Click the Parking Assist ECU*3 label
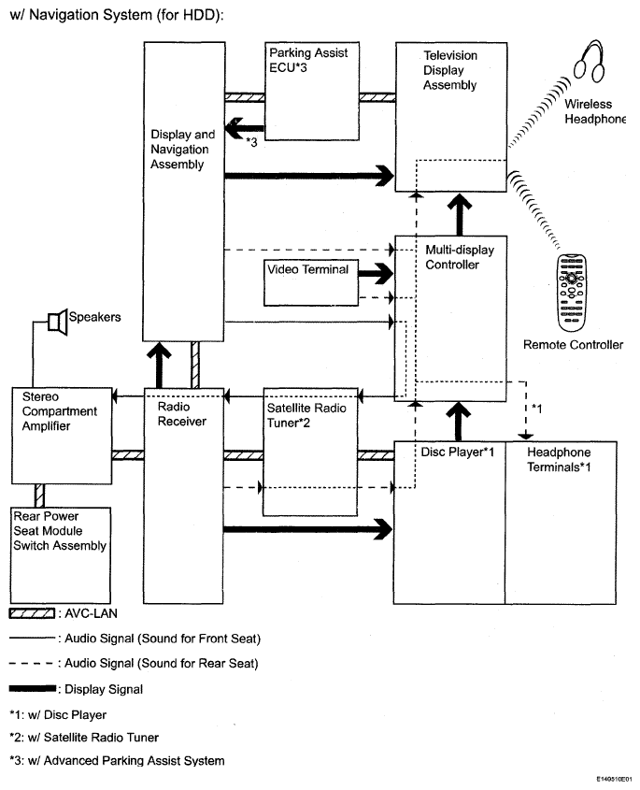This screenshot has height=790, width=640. click(x=308, y=60)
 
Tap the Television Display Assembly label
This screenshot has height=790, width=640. click(x=450, y=70)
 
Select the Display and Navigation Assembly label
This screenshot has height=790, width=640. click(x=183, y=150)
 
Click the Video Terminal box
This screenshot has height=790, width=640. click(x=311, y=282)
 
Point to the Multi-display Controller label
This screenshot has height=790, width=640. click(x=460, y=257)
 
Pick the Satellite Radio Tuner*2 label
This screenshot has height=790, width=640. click(x=306, y=415)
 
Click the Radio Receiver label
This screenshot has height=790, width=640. click(x=182, y=413)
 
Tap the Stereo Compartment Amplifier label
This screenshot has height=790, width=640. click(x=60, y=411)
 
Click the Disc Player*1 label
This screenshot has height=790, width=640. click(x=457, y=452)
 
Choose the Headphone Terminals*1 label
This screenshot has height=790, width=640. click(x=559, y=459)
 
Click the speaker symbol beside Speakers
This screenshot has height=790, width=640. click(x=58, y=322)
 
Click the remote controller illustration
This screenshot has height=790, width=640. click(x=572, y=293)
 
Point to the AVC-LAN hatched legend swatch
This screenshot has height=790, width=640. click(x=32, y=613)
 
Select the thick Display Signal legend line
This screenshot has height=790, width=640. click(x=33, y=688)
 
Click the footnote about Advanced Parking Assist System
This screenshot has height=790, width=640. click(x=117, y=760)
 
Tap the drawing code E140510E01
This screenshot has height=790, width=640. click(x=615, y=779)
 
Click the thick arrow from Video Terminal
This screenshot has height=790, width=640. click(x=376, y=274)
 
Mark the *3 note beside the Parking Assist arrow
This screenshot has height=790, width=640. click(x=251, y=143)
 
